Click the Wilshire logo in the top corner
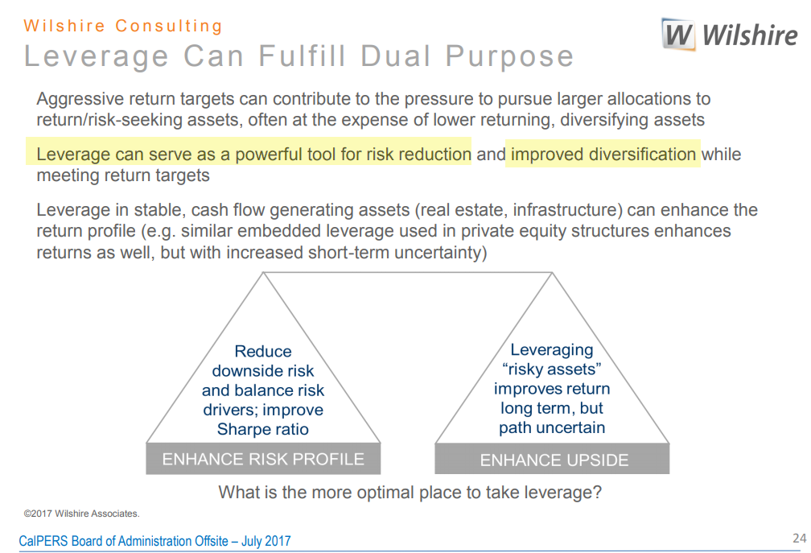(730, 35)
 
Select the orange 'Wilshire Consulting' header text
(123, 26)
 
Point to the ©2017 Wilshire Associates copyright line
(81, 513)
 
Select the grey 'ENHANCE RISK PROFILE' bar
(263, 459)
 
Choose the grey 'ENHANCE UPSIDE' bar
(554, 460)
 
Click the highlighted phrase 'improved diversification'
(603, 154)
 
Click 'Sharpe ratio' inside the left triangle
(262, 429)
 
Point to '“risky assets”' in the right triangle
(552, 369)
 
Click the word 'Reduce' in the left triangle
(263, 352)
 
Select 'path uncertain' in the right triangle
(552, 427)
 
